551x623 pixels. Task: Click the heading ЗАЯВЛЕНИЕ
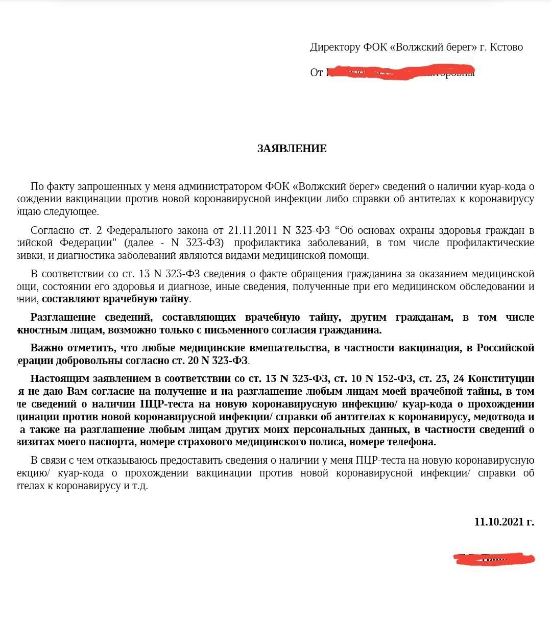pos(292,149)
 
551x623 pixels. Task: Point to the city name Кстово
pos(506,47)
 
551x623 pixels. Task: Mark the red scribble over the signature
pos(494,559)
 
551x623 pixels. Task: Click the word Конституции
pos(501,378)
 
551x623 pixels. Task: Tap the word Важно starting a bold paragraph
pos(47,348)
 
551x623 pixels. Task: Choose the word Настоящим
pos(57,378)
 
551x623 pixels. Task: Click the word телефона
pos(412,442)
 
